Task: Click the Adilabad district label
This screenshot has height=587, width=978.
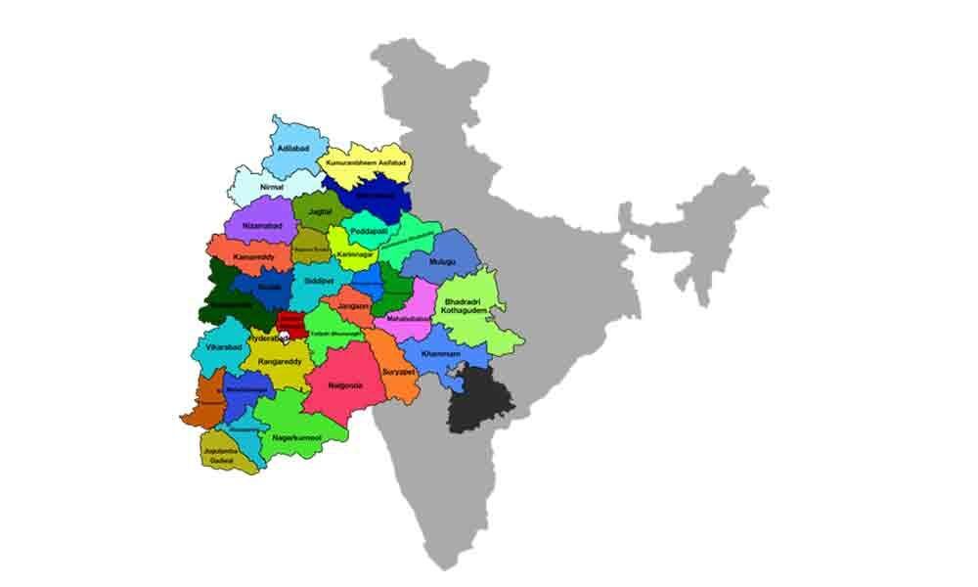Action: click(293, 149)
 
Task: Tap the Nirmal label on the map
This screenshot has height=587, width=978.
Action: click(273, 185)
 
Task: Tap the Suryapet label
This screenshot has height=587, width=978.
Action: click(399, 373)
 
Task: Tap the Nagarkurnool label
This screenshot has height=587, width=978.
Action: click(298, 435)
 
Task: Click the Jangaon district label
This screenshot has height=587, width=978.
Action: click(352, 306)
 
